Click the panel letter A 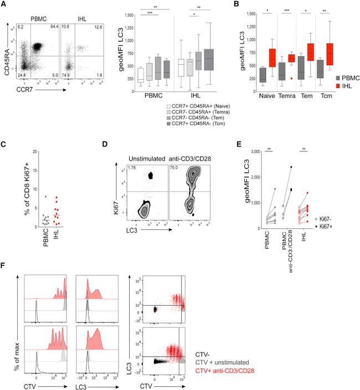click(x=4, y=4)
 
